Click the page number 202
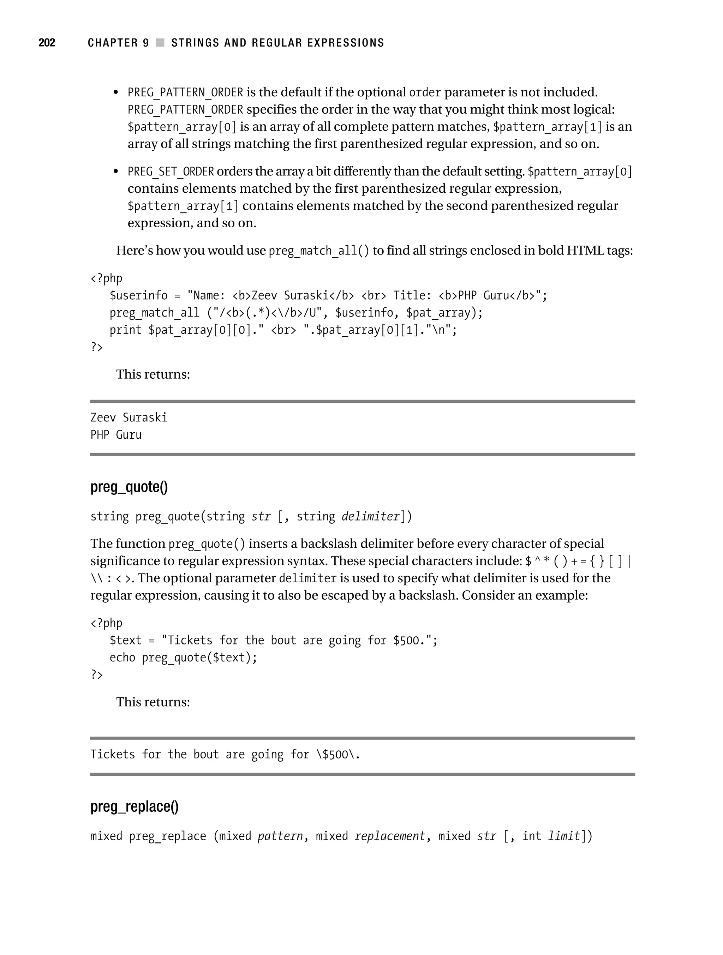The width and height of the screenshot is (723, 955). click(47, 42)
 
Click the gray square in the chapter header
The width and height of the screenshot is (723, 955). click(160, 42)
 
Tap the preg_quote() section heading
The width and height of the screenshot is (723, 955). click(129, 487)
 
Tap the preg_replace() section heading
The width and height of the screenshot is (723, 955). click(134, 806)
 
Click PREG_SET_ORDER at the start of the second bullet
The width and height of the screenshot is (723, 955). click(171, 172)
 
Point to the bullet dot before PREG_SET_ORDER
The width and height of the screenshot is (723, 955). click(115, 172)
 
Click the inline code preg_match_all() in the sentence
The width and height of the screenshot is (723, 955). click(319, 251)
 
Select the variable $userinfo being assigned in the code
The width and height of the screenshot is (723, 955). click(138, 296)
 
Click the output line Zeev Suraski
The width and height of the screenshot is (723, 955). click(129, 418)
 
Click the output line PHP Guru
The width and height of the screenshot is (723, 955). click(116, 435)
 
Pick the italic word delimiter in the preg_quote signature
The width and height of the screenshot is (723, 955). click(370, 517)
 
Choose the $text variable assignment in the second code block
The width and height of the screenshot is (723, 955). click(125, 640)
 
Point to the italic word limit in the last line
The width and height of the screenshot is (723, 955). click(564, 836)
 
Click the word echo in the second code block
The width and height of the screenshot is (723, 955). click(122, 657)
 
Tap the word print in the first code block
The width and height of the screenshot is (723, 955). click(125, 330)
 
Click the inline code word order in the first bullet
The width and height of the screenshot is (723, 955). click(425, 92)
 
